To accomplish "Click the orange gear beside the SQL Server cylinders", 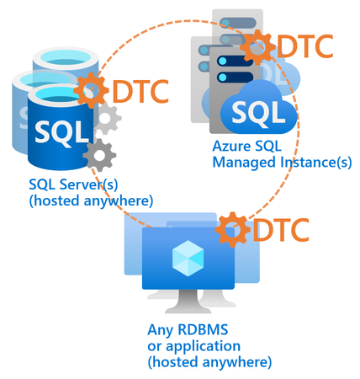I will point(91,88).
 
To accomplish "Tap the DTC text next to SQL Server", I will point(140,88).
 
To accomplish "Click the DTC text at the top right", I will point(305,45).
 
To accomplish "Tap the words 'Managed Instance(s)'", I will point(282,163).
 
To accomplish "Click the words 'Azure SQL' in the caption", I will point(243,147).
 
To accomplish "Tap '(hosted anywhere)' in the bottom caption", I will point(209,362).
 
